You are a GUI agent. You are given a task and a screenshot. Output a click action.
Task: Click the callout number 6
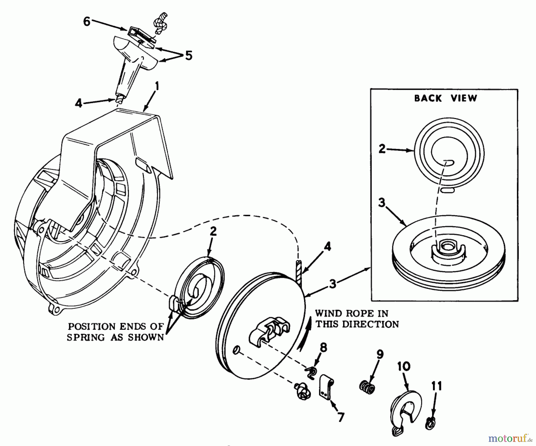tap(87, 21)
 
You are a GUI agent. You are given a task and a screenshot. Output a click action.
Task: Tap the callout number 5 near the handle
tap(188, 55)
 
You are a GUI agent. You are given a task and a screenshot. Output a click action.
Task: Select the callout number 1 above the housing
tap(157, 86)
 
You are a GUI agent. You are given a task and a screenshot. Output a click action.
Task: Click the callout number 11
tap(436, 386)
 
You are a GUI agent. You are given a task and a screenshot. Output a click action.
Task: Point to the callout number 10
tap(403, 366)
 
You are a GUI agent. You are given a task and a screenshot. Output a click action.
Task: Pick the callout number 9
tap(380, 354)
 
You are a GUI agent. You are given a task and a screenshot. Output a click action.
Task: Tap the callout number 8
tap(323, 347)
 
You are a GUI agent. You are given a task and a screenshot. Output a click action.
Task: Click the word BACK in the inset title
tap(428, 98)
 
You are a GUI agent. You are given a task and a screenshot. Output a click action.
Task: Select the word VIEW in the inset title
tap(464, 98)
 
